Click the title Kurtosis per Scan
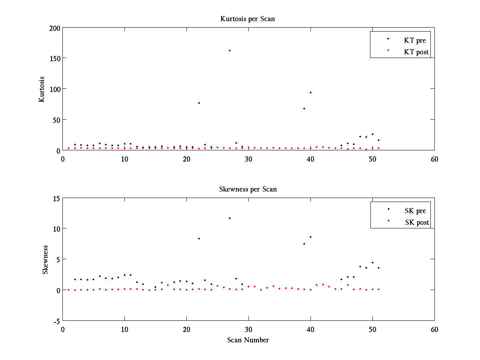coord(248,19)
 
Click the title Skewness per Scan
coord(248,189)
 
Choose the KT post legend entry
coord(416,52)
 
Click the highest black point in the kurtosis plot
coord(230,51)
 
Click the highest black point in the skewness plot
coord(230,218)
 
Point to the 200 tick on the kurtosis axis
coord(55,28)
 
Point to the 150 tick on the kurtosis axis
coord(55,58)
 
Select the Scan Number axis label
coord(248,340)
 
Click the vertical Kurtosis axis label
coord(42,89)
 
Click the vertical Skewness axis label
coord(45,260)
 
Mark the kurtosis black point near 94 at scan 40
coord(310,92)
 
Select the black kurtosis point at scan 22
coord(199,103)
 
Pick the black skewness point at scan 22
coord(199,238)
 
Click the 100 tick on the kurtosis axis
coord(55,89)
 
